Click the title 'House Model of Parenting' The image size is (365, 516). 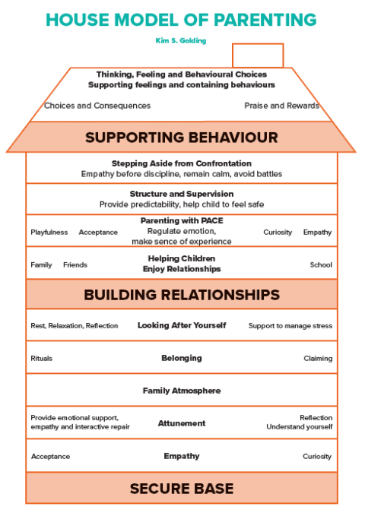[x=181, y=19]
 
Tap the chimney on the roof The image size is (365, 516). [x=257, y=55]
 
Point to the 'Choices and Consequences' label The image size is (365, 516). [x=97, y=106]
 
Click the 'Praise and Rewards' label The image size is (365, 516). [x=281, y=106]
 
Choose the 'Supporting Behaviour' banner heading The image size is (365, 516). [x=181, y=138]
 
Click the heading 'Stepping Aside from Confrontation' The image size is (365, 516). [x=181, y=163]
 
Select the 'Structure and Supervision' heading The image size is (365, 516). [x=181, y=194]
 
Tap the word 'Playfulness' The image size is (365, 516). [x=49, y=232]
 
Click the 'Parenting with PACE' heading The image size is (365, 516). [x=181, y=221]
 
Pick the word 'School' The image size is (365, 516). [x=321, y=265]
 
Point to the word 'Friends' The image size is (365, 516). [x=75, y=265]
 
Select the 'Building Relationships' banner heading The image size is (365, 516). [x=181, y=294]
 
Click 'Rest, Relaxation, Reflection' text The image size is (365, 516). [x=75, y=326]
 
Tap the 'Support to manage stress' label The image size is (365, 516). [x=290, y=326]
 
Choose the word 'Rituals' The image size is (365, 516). [x=42, y=358]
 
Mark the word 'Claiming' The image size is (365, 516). [x=318, y=358]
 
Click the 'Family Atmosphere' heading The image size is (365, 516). [x=181, y=391]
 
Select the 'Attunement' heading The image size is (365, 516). [x=181, y=423]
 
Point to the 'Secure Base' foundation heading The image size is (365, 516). [x=181, y=488]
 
